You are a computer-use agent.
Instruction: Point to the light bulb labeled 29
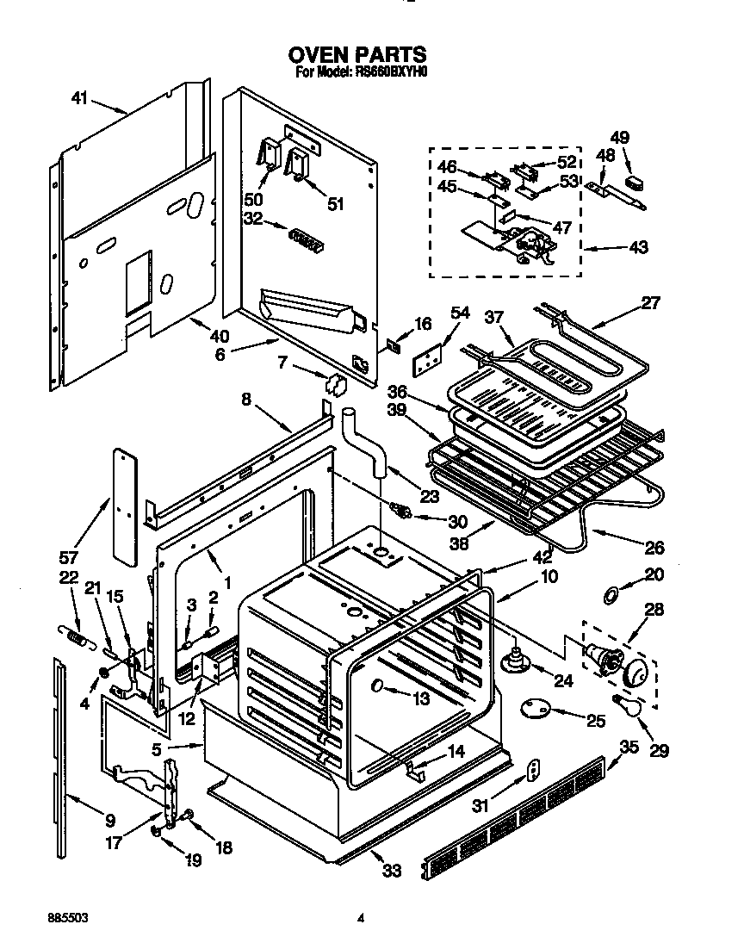tap(626, 704)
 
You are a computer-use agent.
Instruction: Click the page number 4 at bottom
tap(362, 918)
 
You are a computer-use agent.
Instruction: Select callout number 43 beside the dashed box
tap(638, 248)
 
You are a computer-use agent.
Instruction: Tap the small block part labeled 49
tap(636, 182)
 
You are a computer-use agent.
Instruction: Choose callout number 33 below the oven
tap(392, 871)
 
